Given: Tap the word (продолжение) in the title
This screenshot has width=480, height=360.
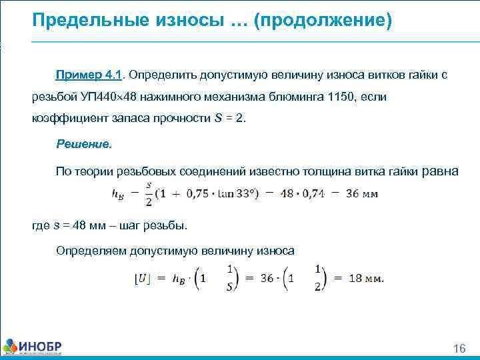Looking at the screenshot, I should click(x=327, y=21).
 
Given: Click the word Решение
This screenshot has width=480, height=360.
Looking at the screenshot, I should click(x=84, y=144).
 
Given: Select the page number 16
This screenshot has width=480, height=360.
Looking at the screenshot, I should click(x=459, y=349).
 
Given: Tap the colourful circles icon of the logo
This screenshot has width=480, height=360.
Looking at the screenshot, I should click(x=10, y=347).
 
